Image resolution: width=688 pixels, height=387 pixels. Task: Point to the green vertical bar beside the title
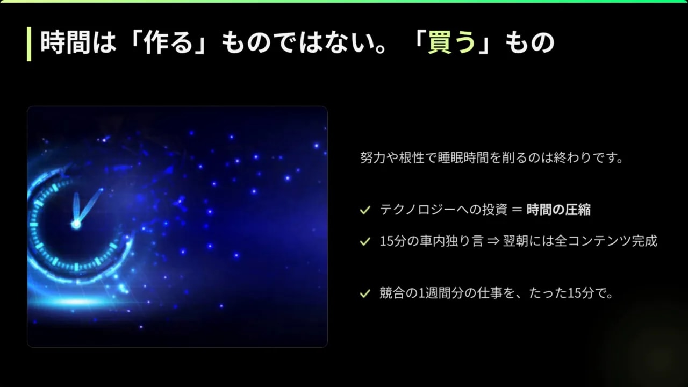[x=29, y=44]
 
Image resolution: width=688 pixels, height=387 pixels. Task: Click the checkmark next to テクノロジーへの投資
[x=365, y=210]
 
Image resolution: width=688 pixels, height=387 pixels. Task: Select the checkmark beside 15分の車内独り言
[x=365, y=241]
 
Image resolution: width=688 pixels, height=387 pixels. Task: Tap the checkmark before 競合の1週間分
[x=365, y=293]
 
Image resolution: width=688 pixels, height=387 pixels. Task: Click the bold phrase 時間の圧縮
[x=558, y=210]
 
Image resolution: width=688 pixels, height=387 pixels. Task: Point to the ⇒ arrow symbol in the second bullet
[x=493, y=241]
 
